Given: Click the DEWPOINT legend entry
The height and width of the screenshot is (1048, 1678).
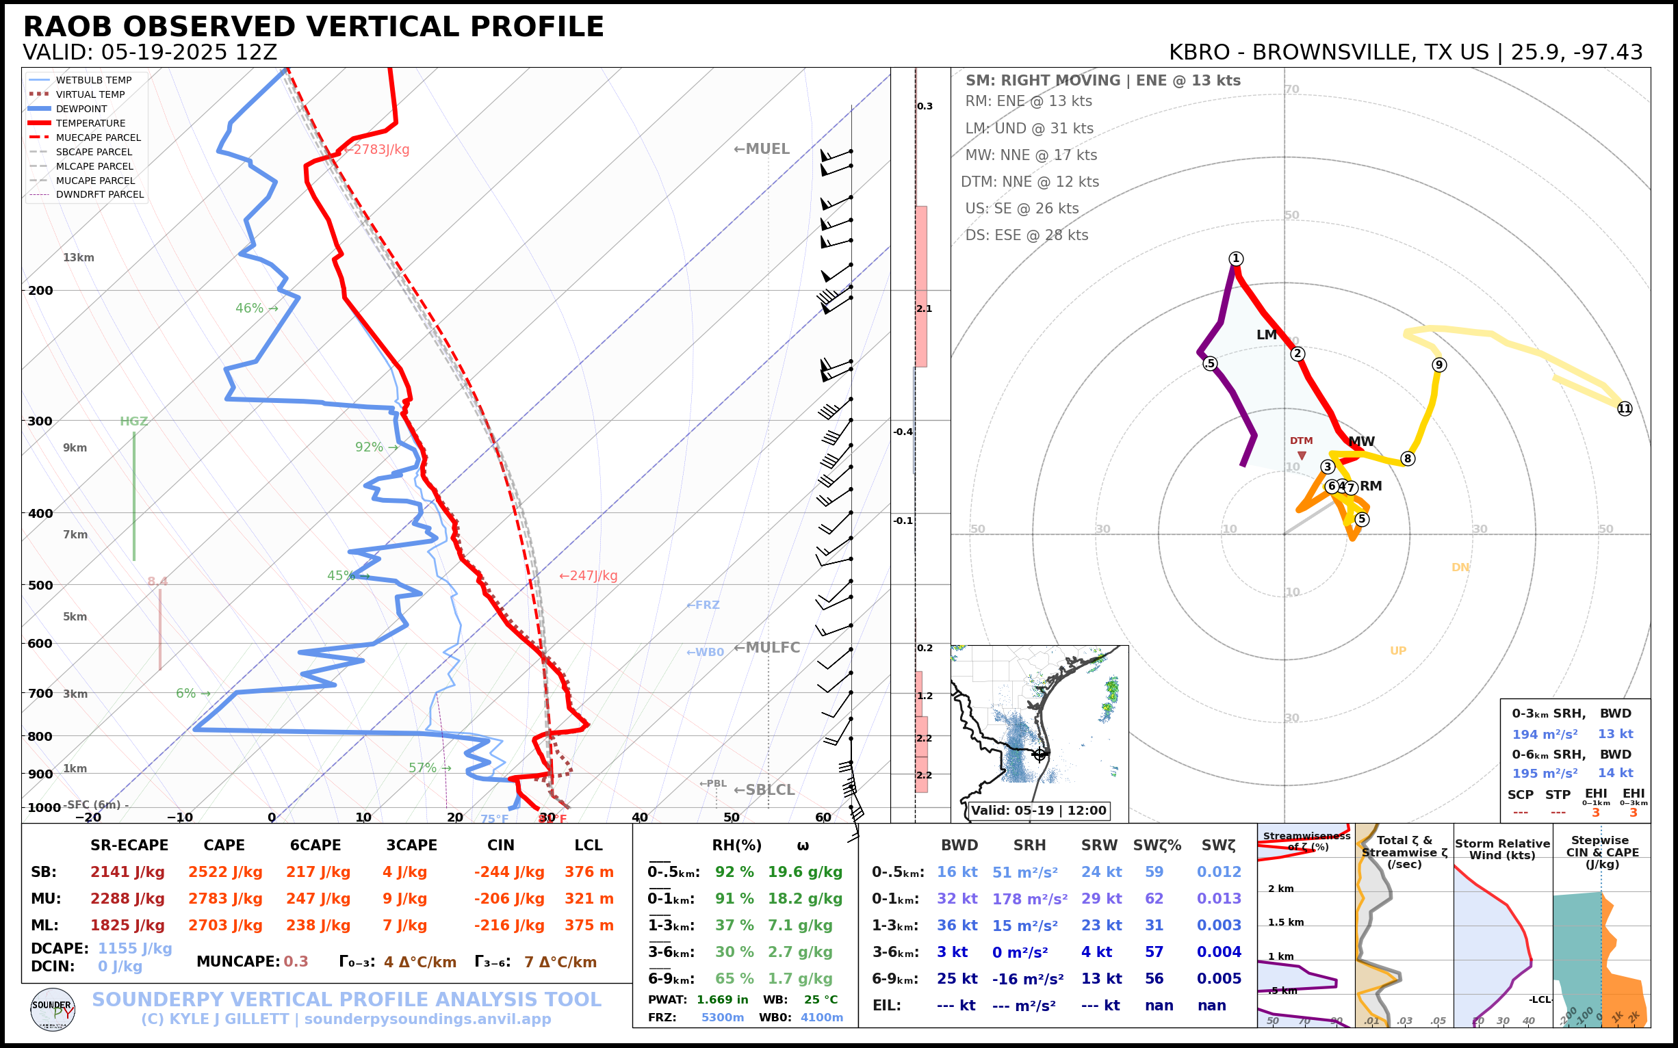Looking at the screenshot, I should pos(81,109).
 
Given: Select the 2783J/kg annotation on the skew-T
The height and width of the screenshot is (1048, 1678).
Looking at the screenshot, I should pos(380,150).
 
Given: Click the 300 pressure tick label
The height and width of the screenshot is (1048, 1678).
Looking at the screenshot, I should pos(40,421).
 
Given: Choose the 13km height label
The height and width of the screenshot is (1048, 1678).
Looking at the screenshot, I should pos(78,258).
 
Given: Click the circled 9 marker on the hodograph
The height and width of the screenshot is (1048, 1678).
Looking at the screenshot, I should pos(1438,365).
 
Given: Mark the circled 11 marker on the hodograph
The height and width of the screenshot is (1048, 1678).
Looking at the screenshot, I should pos(1625,409).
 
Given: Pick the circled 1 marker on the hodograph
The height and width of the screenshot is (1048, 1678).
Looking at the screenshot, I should pos(1236,259).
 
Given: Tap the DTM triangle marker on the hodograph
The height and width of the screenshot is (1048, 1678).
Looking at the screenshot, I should pos(1302,456).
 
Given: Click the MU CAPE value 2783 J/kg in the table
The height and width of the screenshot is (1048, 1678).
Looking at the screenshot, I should pos(224,899).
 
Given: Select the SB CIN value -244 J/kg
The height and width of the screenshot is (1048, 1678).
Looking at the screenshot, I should pos(509,872).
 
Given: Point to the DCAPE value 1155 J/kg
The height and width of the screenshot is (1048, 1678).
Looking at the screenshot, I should pos(135,948).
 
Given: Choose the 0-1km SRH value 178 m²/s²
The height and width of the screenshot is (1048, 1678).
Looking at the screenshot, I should pos(1029,899).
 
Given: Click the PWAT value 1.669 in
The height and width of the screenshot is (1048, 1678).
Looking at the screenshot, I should pos(722,999).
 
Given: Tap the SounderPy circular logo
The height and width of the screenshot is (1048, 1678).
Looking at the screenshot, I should pos(53,1009).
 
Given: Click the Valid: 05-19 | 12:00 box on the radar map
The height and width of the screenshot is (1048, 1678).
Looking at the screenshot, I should pos(1038,810).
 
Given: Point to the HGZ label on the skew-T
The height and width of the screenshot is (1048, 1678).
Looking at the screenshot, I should pos(134,421).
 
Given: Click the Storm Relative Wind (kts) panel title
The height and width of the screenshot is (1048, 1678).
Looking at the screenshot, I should pos(1502,849).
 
